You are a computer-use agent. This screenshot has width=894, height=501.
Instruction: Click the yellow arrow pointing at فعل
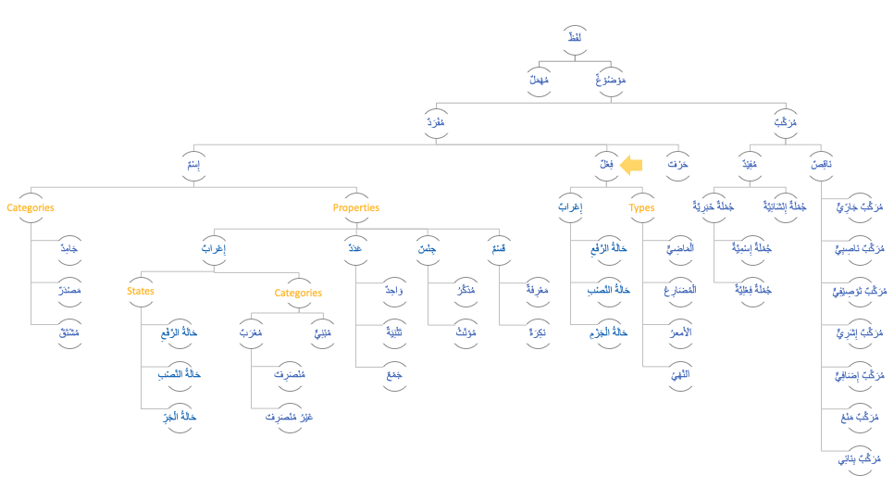631,166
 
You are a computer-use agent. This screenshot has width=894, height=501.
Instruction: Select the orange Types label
641,208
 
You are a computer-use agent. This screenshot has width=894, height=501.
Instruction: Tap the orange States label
141,292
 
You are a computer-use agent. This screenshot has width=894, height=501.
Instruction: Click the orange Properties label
356,208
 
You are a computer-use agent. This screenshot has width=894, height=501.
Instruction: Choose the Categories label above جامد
31,208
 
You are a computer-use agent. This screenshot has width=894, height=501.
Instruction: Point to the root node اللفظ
575,37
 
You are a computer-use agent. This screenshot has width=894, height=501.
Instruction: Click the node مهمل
539,81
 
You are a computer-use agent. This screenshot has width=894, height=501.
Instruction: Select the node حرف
677,165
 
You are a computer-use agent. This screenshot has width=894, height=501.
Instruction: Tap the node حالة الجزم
609,332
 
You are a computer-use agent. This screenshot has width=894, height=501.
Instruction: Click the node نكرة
537,332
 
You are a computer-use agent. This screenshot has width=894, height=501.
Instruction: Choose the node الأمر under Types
679,332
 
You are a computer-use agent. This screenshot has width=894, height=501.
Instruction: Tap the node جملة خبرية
714,207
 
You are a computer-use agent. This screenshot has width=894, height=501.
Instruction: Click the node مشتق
68,332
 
